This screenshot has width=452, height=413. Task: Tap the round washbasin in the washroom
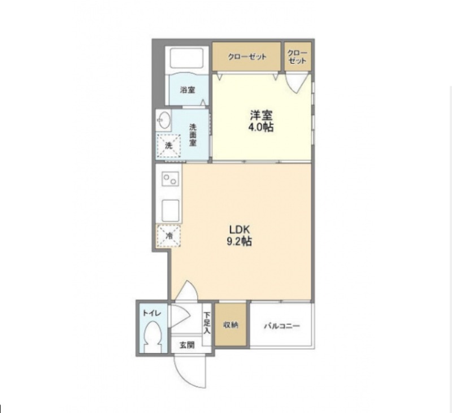click(164, 120)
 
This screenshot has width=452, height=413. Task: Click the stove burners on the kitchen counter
click(170, 179)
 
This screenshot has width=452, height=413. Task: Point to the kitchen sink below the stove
click(171, 211)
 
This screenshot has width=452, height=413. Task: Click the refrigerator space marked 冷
click(168, 236)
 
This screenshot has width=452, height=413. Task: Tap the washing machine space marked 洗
click(168, 146)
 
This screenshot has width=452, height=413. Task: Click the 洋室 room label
click(261, 116)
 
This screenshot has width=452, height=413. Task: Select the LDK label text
click(239, 230)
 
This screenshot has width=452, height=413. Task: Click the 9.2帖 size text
click(239, 241)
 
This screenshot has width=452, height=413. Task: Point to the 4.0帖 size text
click(261, 127)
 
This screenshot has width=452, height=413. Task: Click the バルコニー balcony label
click(282, 326)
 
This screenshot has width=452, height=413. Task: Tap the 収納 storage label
click(231, 325)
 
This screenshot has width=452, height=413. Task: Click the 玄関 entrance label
click(187, 345)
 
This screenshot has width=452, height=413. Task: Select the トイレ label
click(151, 313)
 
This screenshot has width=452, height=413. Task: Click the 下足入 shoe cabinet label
click(207, 323)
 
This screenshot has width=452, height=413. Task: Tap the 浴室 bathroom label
click(188, 90)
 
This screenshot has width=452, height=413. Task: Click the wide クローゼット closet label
click(247, 56)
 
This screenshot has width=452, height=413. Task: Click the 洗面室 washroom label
click(193, 134)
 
